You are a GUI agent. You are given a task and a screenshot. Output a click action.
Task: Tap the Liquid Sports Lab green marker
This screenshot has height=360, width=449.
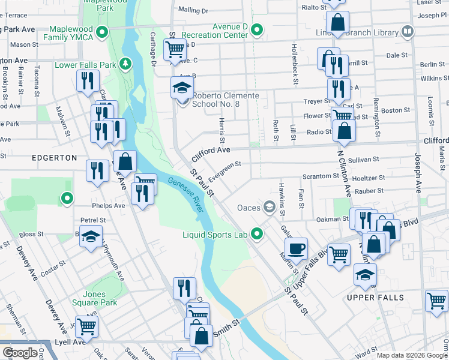258,233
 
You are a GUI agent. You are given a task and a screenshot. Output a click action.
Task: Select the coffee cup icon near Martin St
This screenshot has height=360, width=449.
296,248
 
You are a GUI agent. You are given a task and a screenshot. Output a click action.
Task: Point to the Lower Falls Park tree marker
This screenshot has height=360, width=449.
125,64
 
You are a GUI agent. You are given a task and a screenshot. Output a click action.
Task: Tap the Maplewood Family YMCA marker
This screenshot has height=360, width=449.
103,31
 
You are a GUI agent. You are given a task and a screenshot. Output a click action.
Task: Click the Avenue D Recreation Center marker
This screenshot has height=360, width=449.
258,29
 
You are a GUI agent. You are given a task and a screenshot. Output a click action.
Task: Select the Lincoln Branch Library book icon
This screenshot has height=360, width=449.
408,31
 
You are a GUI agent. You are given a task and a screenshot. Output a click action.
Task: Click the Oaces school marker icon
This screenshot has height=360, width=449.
270,208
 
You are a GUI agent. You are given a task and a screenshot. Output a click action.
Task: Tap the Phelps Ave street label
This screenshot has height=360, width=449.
108,206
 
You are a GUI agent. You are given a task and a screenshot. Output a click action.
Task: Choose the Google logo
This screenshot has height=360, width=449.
20,353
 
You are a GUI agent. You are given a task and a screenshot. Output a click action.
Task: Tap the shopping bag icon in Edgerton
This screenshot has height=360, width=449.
125,161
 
